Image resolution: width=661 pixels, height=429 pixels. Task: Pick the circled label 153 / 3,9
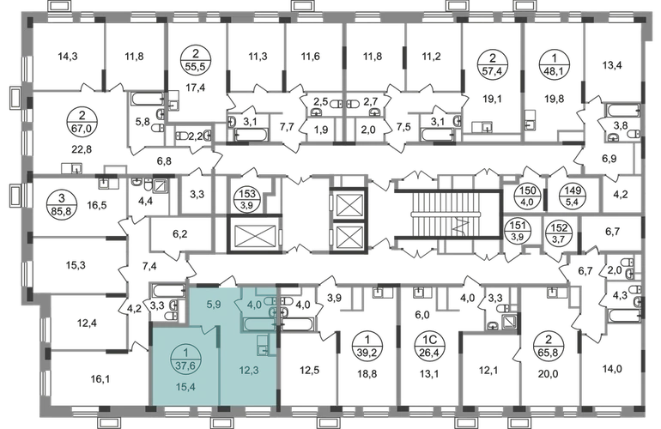247,199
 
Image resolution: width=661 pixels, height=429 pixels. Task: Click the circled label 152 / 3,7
559,233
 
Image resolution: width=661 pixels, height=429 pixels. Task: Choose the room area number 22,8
82,149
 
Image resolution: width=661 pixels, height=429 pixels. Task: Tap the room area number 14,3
68,56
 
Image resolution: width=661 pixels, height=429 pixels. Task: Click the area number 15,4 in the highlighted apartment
185,386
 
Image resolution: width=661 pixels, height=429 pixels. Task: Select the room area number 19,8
554,99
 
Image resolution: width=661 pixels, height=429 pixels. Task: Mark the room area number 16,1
100,379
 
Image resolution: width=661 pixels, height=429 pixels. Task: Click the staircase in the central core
447,214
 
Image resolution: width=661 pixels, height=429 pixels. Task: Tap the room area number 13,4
612,65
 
